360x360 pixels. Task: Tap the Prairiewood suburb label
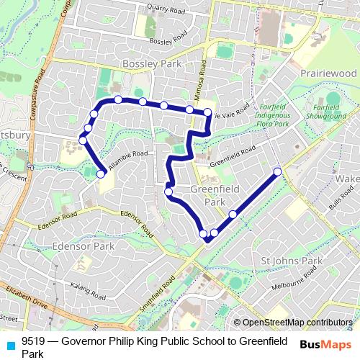pos(328,73)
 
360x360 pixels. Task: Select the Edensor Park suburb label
pos(84,246)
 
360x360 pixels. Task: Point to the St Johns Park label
pos(291,260)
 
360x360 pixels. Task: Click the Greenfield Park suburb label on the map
pos(215,195)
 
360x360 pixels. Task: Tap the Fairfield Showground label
pos(325,111)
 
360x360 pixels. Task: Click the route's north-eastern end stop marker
pos(278,171)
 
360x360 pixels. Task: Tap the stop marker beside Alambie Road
pos(101,174)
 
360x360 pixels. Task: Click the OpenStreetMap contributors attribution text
pos(297,323)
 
